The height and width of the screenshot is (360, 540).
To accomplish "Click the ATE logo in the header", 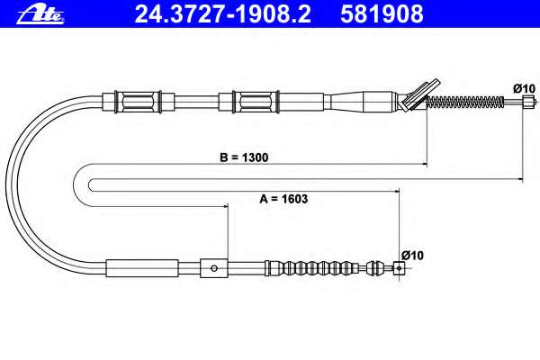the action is [x=40, y=14].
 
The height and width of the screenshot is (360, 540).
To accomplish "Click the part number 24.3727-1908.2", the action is [x=223, y=14].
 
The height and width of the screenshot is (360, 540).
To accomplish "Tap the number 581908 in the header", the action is [x=382, y=14].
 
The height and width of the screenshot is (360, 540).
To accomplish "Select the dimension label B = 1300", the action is [x=244, y=157].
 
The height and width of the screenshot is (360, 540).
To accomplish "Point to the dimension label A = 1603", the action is [x=283, y=199].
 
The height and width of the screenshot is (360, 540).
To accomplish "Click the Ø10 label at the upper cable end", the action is [x=525, y=88].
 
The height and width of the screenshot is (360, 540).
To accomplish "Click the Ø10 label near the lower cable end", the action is [x=412, y=256].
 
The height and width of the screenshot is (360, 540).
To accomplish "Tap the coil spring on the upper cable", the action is [x=465, y=102].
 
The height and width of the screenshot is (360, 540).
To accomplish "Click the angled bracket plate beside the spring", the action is [x=418, y=95].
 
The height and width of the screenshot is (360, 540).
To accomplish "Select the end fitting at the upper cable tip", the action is [x=528, y=102].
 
